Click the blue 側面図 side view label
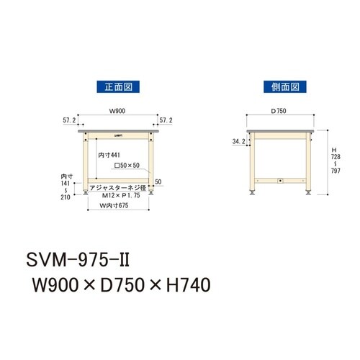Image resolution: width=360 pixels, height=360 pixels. pos(282,87)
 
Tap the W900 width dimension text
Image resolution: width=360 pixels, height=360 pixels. pos(118,112)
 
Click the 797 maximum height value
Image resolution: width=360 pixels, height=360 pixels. pos(333,171)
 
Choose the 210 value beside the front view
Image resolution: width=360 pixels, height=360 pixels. pos(66,197)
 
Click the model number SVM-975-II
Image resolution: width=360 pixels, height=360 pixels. pos(78,258)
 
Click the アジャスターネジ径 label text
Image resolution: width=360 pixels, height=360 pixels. pos(122,188)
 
